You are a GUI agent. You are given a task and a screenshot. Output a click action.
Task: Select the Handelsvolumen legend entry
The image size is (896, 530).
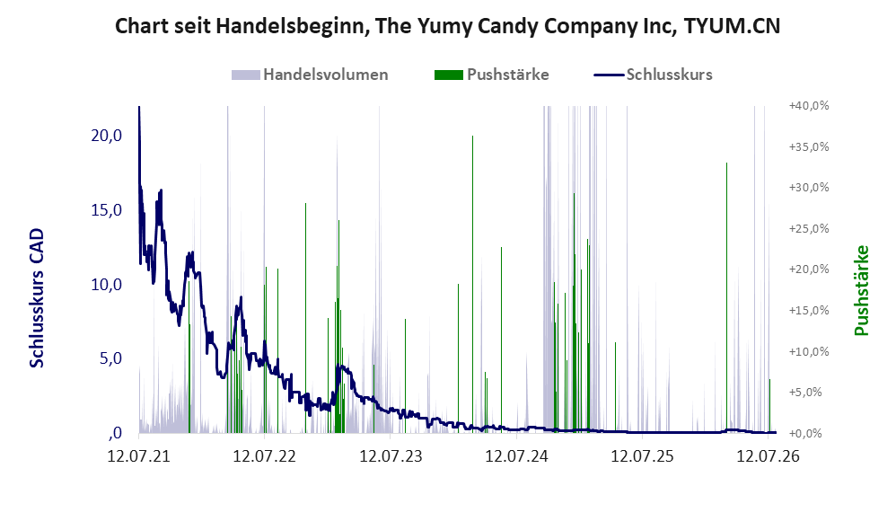click(310, 75)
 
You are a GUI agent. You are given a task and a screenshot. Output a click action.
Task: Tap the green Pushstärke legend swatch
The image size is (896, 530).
click(449, 75)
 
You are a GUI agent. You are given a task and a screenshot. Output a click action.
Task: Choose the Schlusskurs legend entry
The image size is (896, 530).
click(653, 75)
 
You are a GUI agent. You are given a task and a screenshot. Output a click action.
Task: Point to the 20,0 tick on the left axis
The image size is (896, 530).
click(107, 136)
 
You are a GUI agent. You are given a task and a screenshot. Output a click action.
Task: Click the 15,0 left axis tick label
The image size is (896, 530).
click(107, 210)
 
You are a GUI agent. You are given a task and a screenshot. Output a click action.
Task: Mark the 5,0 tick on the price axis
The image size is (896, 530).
click(110, 358)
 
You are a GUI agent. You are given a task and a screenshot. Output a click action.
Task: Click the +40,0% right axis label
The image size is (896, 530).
click(809, 106)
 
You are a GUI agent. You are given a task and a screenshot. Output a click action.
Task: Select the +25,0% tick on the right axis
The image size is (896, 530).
click(809, 229)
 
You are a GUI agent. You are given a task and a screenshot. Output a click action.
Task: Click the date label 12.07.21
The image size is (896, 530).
click(139, 456)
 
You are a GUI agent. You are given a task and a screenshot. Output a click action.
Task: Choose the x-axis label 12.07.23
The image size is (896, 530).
click(391, 456)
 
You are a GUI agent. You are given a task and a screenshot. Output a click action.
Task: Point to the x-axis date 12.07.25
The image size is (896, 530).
click(642, 456)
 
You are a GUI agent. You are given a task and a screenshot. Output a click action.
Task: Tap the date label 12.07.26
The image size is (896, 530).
click(768, 456)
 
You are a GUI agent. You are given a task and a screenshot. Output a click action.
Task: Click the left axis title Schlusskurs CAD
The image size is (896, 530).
click(37, 298)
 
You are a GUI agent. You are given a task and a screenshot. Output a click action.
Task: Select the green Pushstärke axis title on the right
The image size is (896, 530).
click(861, 290)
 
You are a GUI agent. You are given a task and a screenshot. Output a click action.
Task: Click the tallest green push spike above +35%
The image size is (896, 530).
click(472, 284)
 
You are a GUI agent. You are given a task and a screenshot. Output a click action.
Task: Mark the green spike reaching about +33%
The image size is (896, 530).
click(727, 298)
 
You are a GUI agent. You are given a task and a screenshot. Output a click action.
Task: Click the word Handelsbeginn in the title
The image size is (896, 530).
click(289, 26)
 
